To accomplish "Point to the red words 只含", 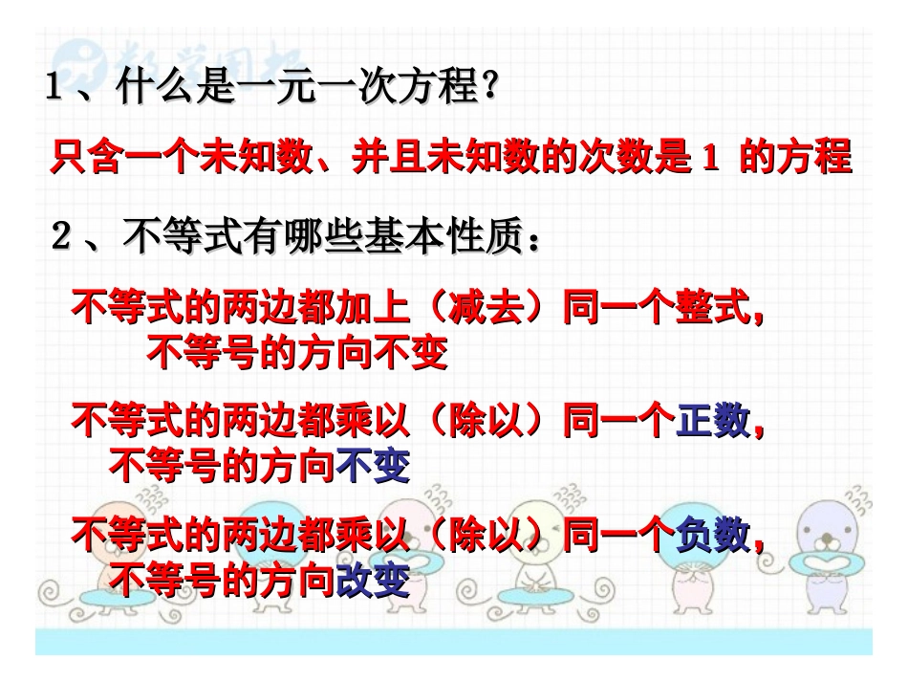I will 86,157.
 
